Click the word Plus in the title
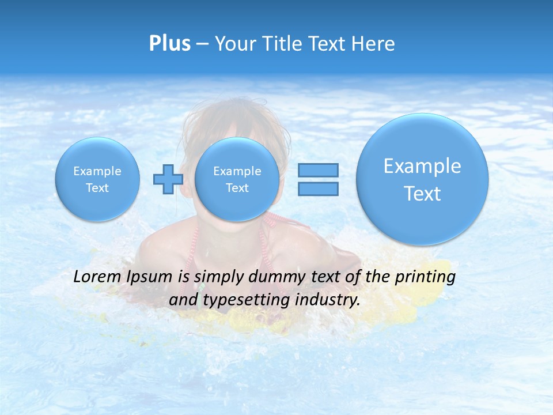(169, 43)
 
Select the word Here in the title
(374, 44)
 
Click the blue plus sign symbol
(168, 179)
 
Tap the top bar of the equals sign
(318, 170)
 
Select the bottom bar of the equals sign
(318, 188)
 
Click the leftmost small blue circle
(97, 179)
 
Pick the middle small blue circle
(237, 179)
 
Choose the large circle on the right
(422, 179)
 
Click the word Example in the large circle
(422, 166)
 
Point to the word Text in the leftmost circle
(97, 188)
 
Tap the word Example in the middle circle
(237, 171)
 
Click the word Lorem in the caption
(96, 277)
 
